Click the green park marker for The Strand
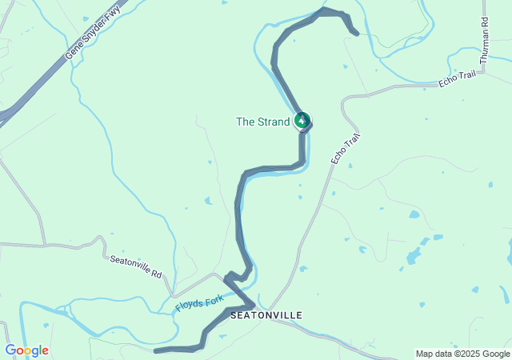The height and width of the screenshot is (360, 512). pyautogui.click(x=302, y=121)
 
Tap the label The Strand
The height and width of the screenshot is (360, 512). pyautogui.click(x=262, y=122)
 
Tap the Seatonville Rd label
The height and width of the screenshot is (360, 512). pyautogui.click(x=135, y=267)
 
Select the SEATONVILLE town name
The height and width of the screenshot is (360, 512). pyautogui.click(x=266, y=315)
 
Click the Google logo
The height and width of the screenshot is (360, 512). pyautogui.click(x=26, y=350)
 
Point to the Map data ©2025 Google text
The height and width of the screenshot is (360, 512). pyautogui.click(x=462, y=354)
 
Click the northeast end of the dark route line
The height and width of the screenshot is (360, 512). pyautogui.click(x=355, y=33)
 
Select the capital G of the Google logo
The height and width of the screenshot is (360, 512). pyautogui.click(x=10, y=350)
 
